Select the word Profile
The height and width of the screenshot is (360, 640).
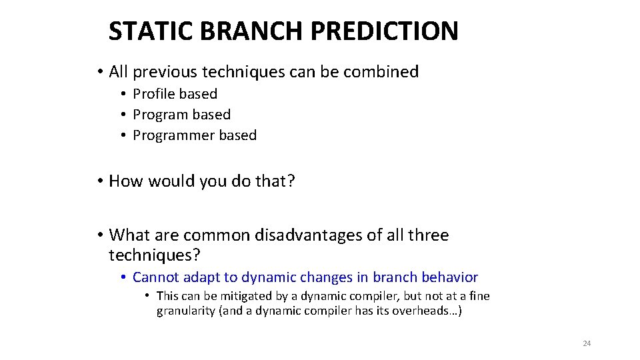(156, 94)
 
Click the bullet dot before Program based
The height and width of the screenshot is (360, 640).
(124, 115)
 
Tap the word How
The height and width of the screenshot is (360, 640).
(125, 181)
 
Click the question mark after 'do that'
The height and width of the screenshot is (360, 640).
(291, 181)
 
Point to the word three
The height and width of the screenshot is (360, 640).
(429, 235)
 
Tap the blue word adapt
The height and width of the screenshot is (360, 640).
(198, 277)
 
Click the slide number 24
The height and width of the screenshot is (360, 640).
(587, 343)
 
